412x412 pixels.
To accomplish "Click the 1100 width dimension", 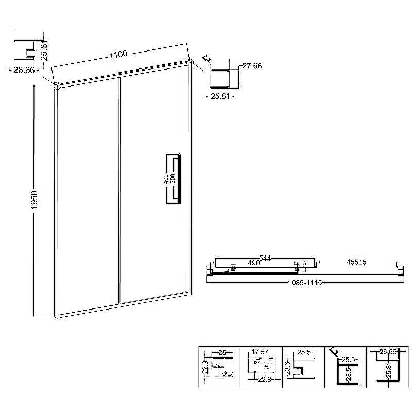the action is coord(118,55).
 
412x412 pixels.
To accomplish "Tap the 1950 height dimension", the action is coord(35,200).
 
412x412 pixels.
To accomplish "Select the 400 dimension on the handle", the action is coord(166,179).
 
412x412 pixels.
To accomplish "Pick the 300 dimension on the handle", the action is coord(173,179).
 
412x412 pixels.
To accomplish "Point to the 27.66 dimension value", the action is coord(252,66).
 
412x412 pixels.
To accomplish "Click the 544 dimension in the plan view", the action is coord(265,258).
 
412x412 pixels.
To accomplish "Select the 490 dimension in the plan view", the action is coord(254,263).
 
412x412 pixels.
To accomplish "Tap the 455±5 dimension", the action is coord(356,262).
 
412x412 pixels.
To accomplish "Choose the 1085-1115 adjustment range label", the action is coord(305,283).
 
